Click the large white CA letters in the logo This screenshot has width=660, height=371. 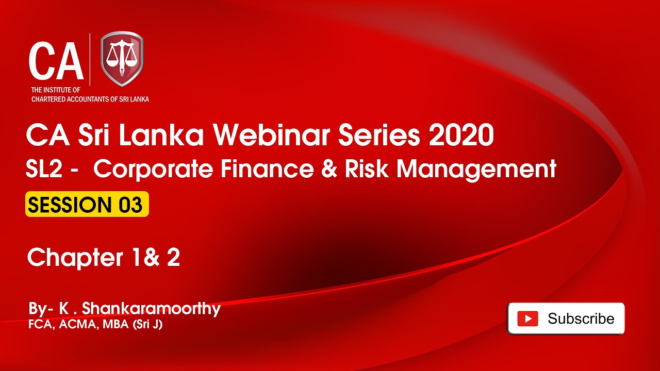[56, 61]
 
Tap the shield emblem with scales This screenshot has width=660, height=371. [122, 59]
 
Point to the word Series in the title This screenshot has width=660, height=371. [379, 135]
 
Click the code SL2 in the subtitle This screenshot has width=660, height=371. [44, 168]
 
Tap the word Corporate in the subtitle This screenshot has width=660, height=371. [153, 170]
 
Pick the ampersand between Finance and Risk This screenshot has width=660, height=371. [329, 168]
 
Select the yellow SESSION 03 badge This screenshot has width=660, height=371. [87, 204]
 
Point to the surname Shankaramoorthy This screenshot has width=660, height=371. [151, 309]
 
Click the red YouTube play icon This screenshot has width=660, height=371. [527, 318]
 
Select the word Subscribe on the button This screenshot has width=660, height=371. [581, 318]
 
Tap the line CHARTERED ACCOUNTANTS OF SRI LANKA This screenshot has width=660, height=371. [90, 99]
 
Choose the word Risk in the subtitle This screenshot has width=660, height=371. [367, 168]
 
